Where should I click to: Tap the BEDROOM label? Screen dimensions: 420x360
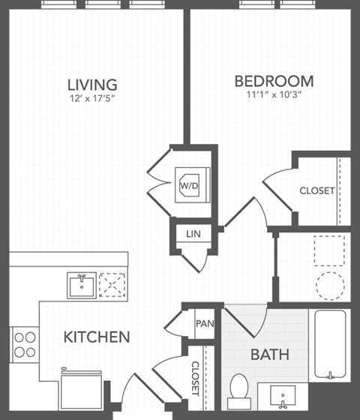[x=274, y=81]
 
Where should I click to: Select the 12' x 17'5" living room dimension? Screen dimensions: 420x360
[x=91, y=97]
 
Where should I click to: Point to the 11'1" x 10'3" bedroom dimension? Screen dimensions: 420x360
[x=274, y=95]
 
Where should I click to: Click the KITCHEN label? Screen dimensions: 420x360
[x=96, y=337]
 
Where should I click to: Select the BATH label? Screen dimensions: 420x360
[x=269, y=355]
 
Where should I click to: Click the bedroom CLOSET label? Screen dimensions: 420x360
[x=316, y=190]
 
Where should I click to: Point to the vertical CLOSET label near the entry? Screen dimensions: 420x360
[x=195, y=379]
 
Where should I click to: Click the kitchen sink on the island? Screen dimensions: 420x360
[x=80, y=285]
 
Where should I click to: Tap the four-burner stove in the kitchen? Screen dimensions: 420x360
[x=23, y=345]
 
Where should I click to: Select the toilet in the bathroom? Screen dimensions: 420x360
[x=239, y=388]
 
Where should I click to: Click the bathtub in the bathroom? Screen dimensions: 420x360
[x=331, y=345]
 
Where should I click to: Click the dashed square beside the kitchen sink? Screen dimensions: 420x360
[x=112, y=286]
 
